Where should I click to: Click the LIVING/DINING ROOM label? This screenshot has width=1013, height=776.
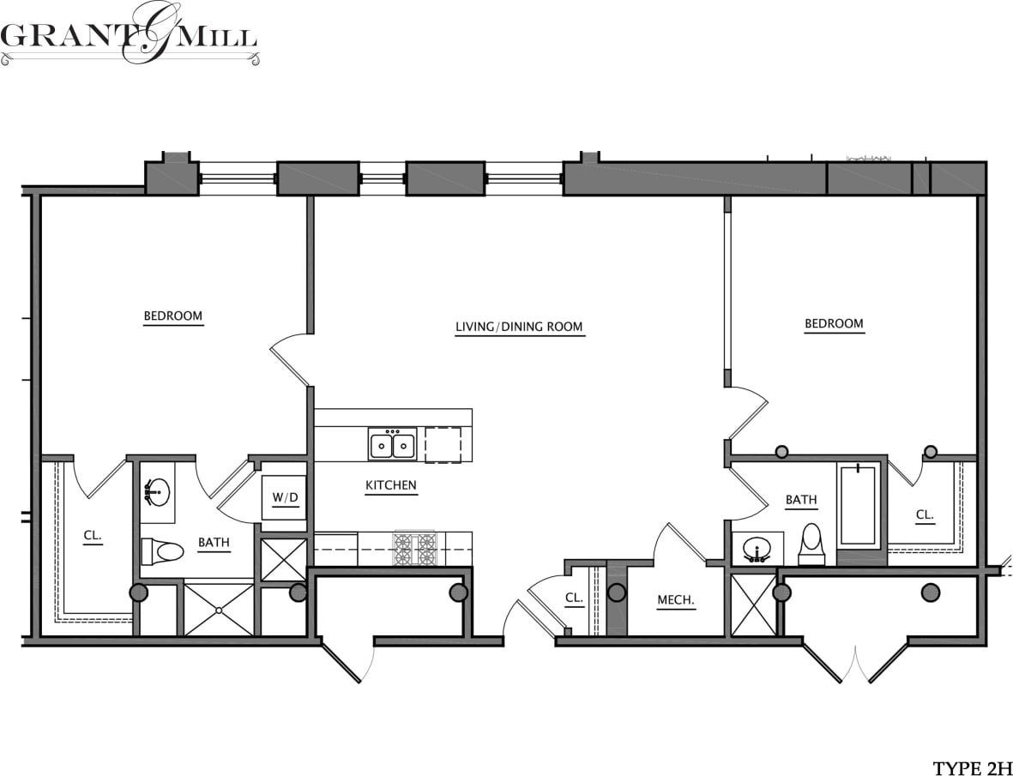(x=519, y=327)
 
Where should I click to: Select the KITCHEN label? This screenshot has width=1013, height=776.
(x=391, y=485)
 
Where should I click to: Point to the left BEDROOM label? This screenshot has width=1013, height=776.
(x=172, y=316)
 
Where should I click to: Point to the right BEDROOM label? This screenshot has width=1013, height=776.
(x=833, y=324)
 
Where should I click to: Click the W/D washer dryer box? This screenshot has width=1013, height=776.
(x=284, y=498)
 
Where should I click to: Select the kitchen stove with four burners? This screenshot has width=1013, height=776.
(x=415, y=549)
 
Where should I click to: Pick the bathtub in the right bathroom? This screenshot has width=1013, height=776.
(x=857, y=506)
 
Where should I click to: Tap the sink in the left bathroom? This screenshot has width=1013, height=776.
(x=157, y=492)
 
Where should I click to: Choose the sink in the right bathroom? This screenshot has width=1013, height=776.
(x=757, y=549)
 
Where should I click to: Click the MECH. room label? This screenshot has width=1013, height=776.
(x=675, y=601)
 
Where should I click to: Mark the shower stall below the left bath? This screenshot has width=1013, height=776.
(x=219, y=610)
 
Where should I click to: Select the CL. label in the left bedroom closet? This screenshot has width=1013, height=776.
(x=93, y=537)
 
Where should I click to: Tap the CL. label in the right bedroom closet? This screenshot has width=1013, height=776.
(x=924, y=515)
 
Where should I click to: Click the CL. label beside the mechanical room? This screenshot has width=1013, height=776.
(x=574, y=599)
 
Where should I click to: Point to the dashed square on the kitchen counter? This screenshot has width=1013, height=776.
(x=443, y=445)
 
